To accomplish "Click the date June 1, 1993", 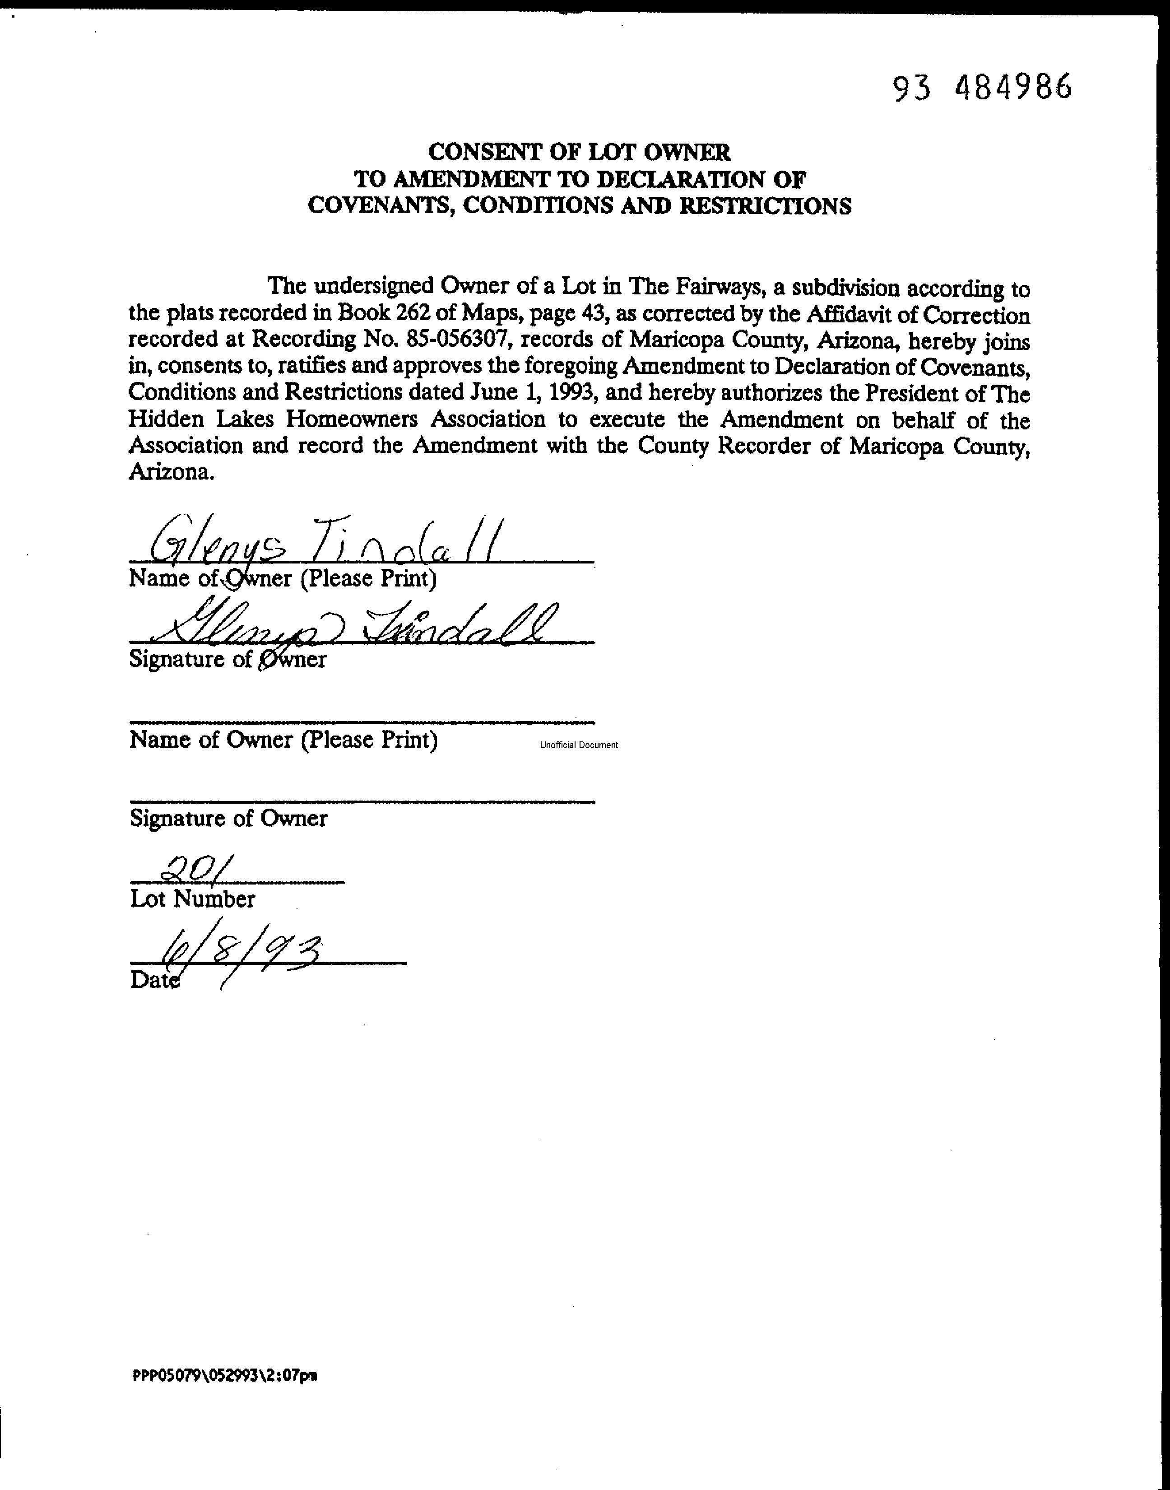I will [x=534, y=393].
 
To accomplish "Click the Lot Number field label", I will [x=192, y=899].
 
